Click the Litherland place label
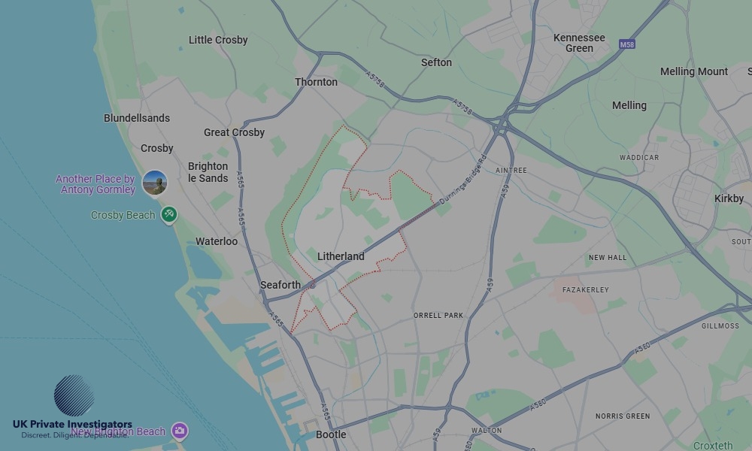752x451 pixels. [341, 256]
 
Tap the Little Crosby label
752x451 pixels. [218, 40]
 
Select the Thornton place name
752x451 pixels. [316, 82]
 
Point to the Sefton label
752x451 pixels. [436, 62]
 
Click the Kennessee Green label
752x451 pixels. [579, 43]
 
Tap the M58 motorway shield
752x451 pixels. [627, 45]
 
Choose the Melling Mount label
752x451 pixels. [694, 71]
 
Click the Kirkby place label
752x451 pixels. [729, 198]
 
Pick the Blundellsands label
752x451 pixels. [137, 118]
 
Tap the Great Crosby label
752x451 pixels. [235, 132]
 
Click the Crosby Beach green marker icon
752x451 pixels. [169, 215]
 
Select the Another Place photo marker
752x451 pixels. [155, 183]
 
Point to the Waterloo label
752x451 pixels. [217, 241]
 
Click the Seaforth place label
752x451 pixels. [280, 285]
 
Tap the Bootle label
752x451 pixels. [331, 434]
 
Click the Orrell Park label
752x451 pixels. [438, 315]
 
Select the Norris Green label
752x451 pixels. [623, 416]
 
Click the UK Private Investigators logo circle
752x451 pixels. [74, 395]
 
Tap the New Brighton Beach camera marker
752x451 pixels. [179, 431]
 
